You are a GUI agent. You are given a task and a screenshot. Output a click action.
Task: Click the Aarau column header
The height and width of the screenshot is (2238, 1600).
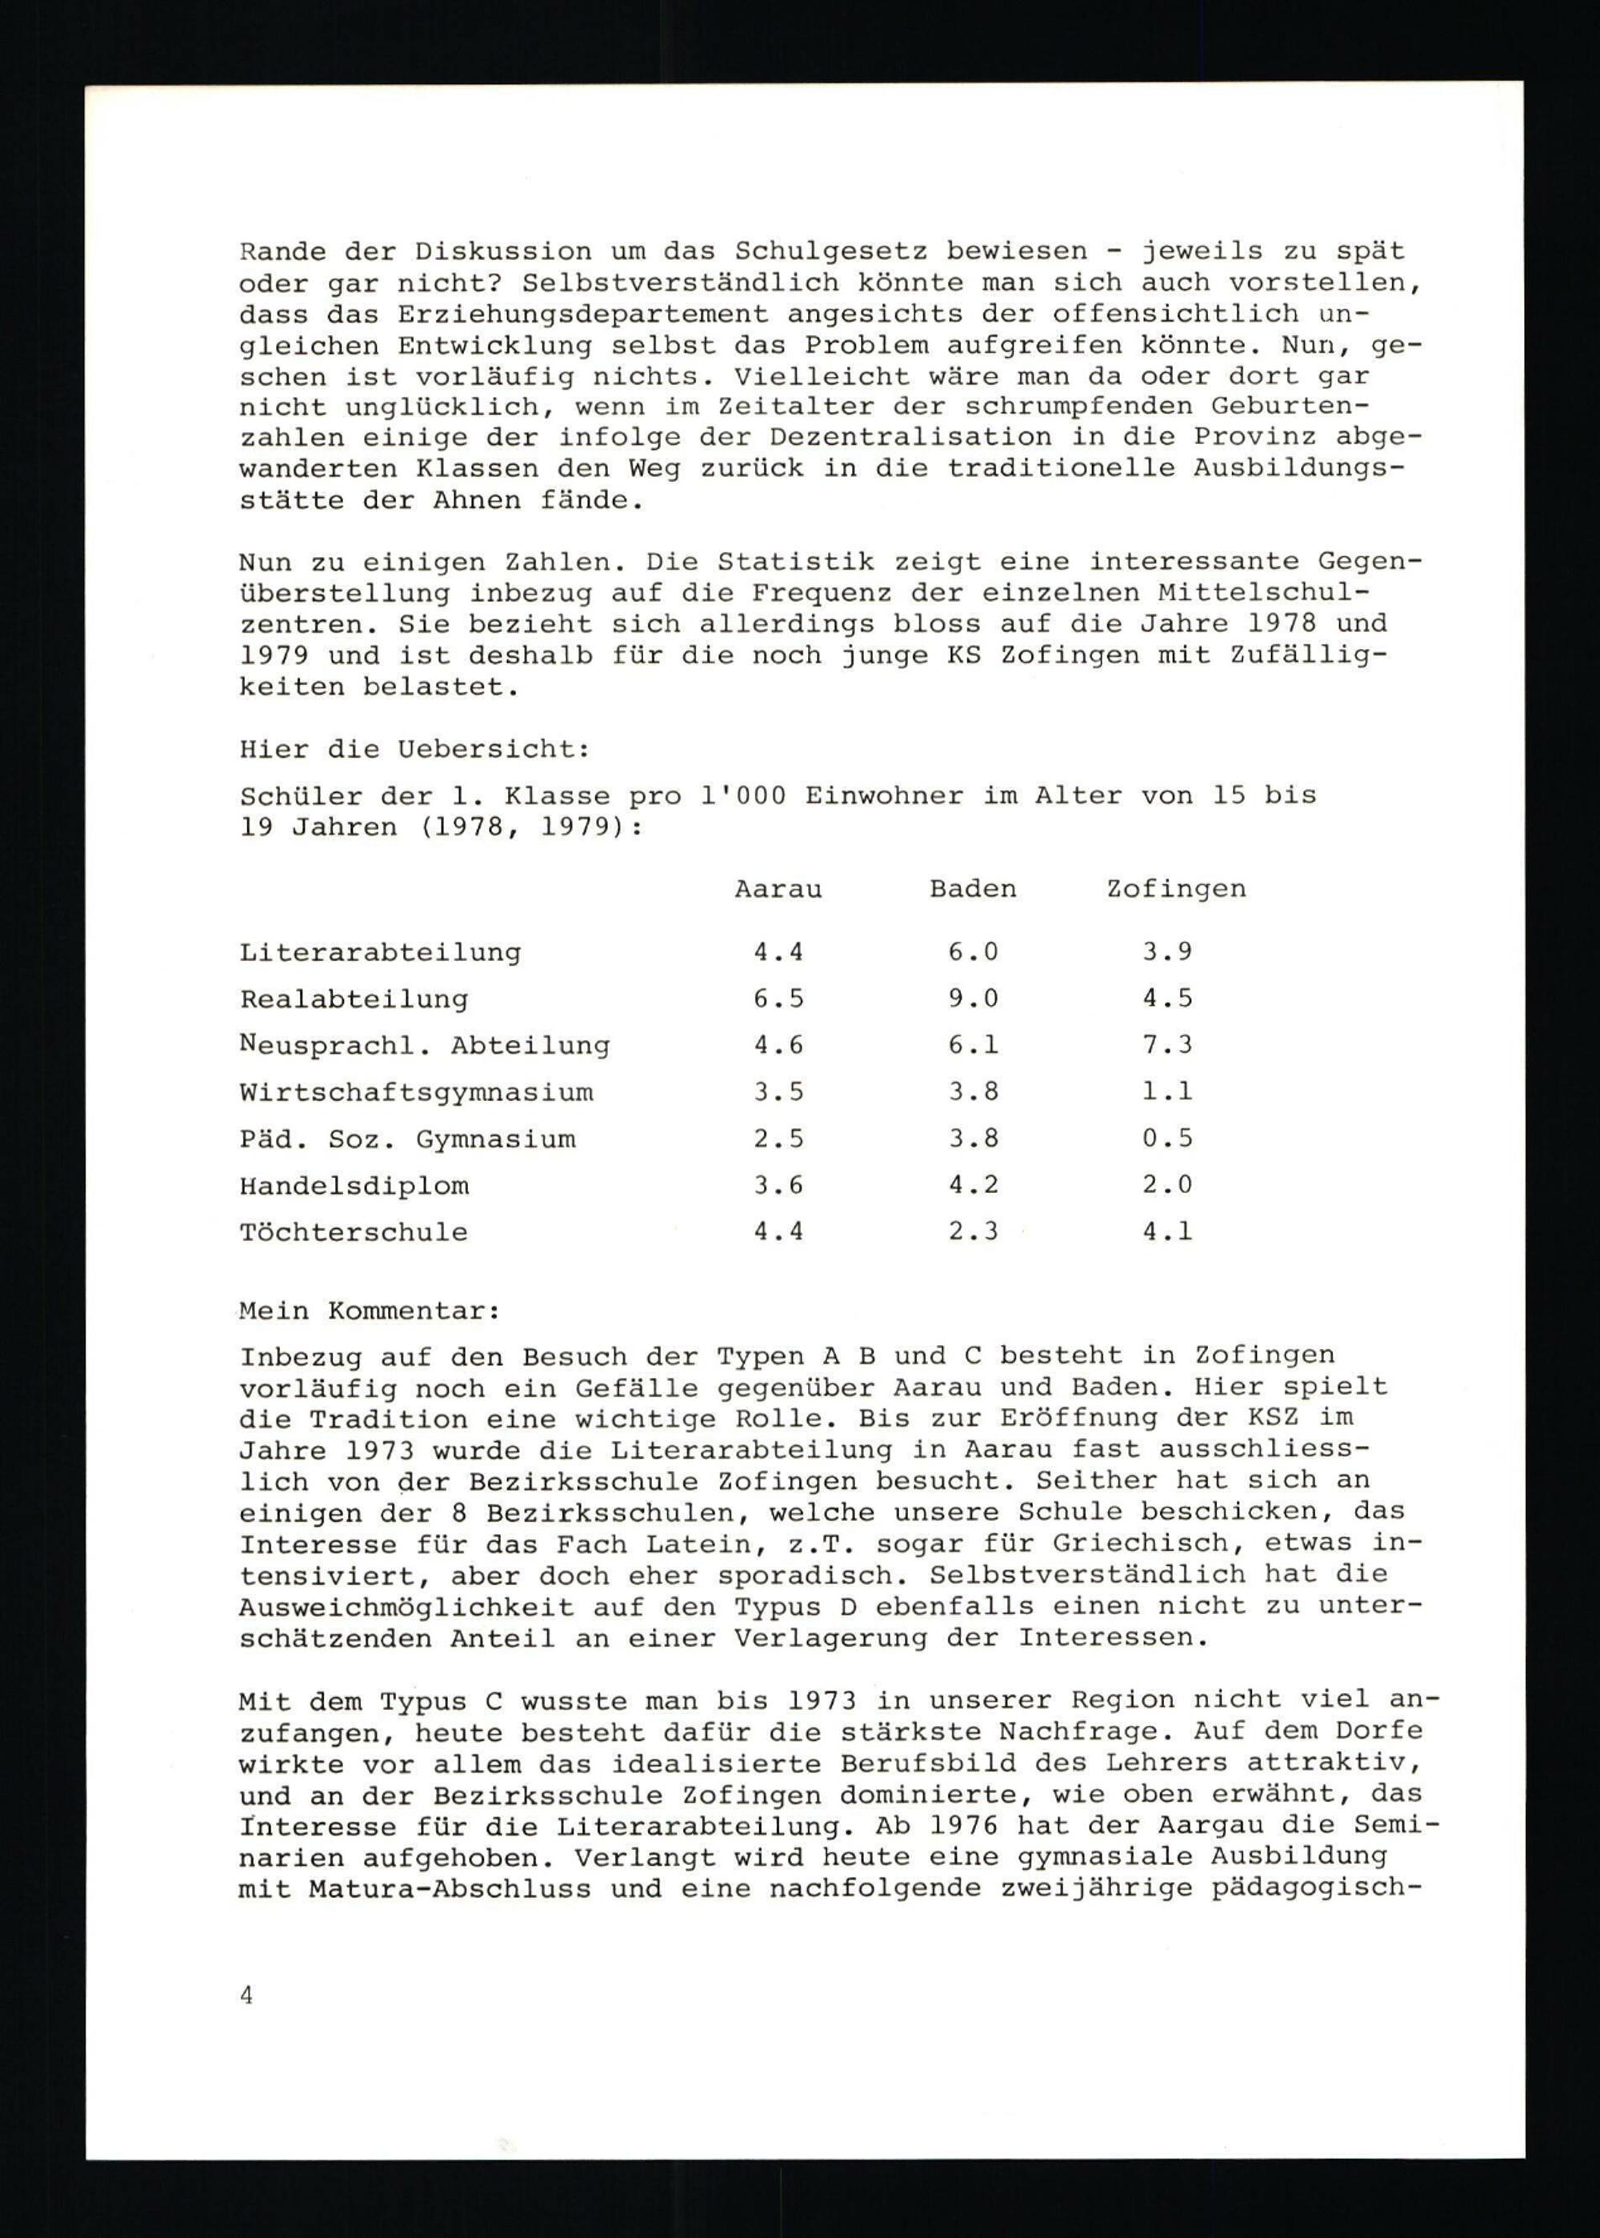[778, 889]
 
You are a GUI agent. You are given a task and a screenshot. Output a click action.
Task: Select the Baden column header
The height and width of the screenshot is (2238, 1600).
[973, 889]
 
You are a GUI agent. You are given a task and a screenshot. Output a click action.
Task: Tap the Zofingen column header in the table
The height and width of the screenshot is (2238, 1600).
[1175, 889]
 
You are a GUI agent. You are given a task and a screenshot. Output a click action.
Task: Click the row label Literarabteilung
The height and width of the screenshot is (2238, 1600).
[380, 953]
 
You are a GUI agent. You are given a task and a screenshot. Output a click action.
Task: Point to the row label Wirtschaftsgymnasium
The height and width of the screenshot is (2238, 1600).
[416, 1093]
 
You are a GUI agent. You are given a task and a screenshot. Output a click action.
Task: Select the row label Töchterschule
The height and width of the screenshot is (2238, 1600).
[354, 1233]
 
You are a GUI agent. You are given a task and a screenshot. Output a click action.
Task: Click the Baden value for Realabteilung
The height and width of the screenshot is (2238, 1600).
[974, 999]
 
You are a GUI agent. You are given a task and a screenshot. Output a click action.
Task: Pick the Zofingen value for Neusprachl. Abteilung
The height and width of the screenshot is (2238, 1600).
[1167, 1045]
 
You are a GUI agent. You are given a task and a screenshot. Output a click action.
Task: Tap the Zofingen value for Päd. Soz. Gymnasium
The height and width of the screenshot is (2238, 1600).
[1167, 1139]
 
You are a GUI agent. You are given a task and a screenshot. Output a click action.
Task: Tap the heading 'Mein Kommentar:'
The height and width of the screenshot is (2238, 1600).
[370, 1311]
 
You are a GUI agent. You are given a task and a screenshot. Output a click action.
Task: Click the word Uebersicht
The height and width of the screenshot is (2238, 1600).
[493, 749]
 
